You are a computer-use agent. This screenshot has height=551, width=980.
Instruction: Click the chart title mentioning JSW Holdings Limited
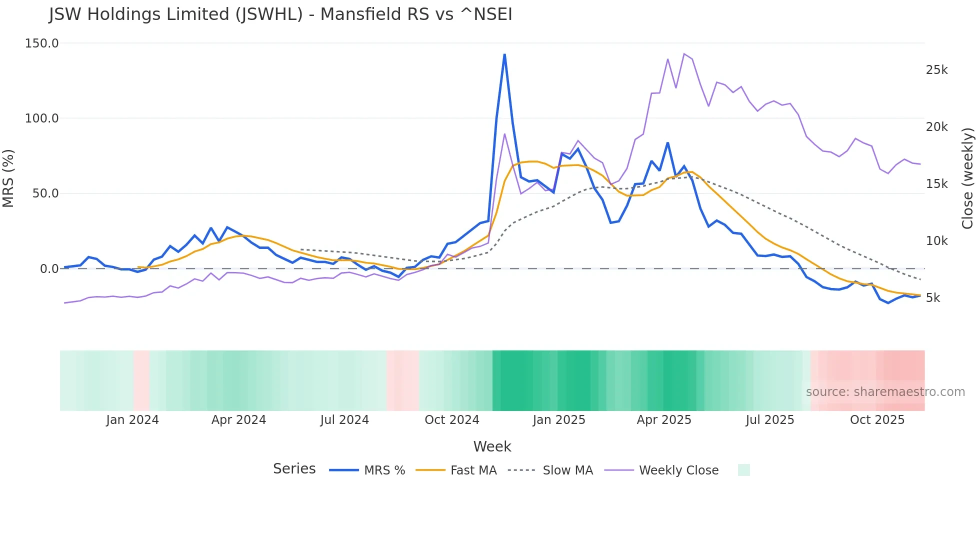(280, 14)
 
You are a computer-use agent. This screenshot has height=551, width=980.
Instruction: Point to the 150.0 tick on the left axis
(42, 43)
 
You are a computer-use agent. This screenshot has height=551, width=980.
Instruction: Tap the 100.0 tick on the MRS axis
(42, 118)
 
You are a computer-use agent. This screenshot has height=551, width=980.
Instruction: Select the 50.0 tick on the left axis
(45, 193)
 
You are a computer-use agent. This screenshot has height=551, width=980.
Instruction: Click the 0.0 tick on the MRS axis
(49, 269)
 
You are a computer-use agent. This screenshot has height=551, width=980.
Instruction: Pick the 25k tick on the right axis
(936, 70)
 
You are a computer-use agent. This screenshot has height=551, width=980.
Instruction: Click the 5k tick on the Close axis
(933, 298)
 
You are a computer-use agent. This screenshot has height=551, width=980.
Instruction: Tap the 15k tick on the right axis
(936, 184)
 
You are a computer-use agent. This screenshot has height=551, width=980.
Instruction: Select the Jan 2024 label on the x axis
(132, 420)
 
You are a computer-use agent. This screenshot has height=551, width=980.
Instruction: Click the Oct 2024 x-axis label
(452, 420)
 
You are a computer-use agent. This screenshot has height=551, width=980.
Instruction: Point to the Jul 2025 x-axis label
(770, 420)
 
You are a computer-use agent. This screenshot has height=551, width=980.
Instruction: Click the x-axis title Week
(492, 446)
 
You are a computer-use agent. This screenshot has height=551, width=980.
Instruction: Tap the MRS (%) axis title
(8, 178)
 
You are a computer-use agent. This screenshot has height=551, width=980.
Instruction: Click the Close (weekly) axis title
(967, 178)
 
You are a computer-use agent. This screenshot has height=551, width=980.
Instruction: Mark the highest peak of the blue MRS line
(504, 54)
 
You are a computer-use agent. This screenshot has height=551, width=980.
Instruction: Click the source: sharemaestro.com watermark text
(885, 392)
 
